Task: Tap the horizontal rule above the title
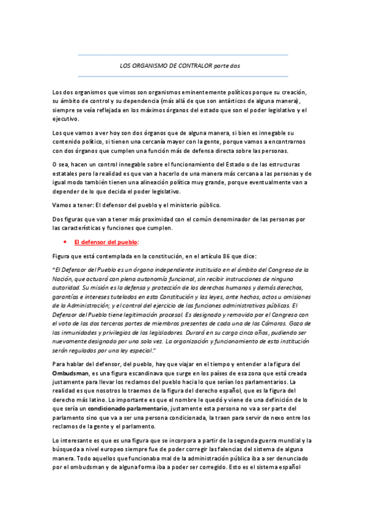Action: point(183,55)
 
